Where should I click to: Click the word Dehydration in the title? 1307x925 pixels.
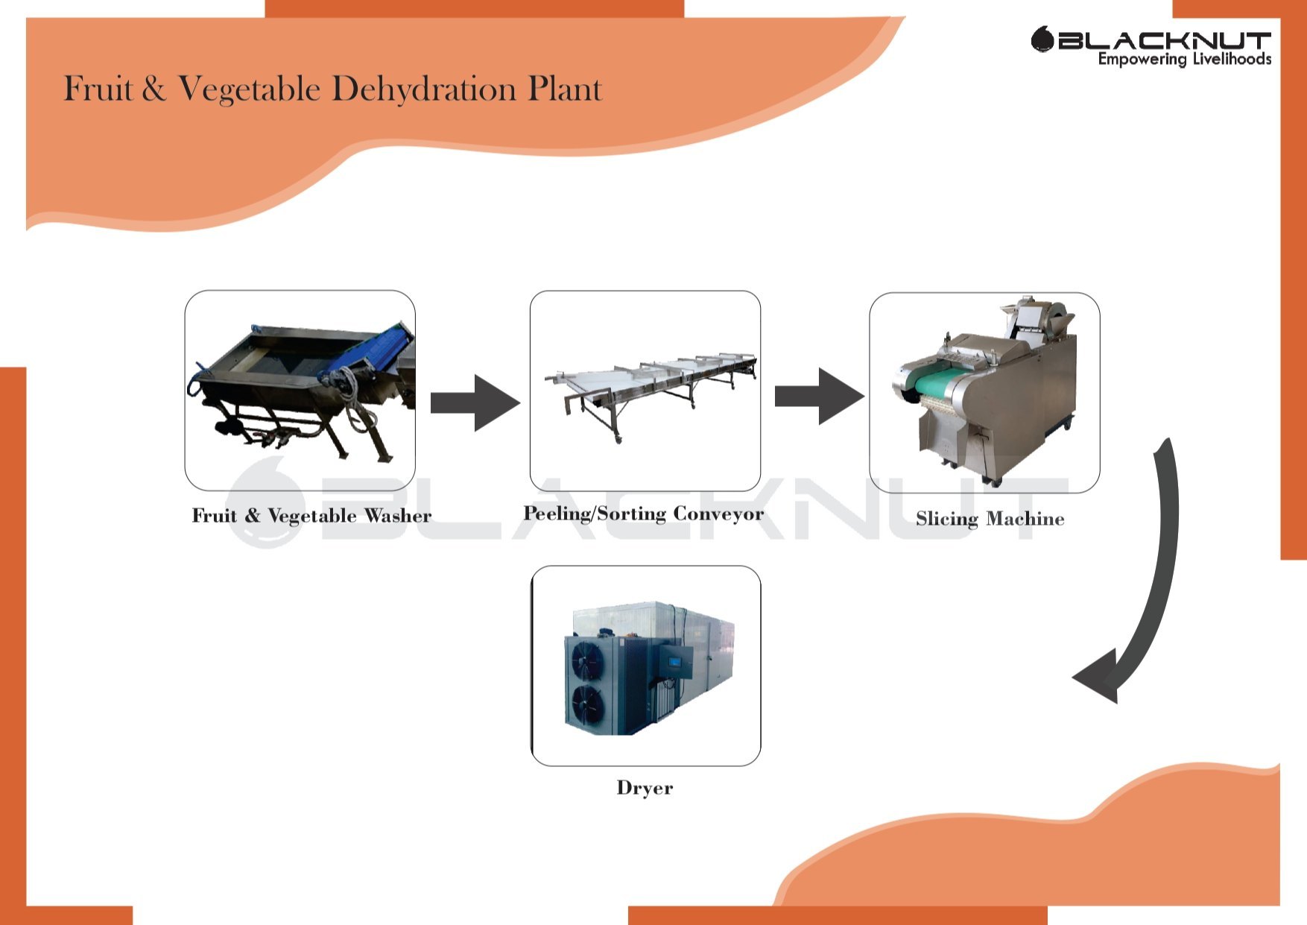(x=423, y=89)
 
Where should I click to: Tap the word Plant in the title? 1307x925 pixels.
(x=564, y=89)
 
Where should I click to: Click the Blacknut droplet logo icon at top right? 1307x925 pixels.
(x=1042, y=40)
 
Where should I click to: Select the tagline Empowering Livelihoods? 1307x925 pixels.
(x=1184, y=60)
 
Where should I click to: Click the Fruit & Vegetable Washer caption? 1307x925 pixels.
(x=311, y=516)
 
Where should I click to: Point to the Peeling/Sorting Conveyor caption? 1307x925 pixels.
(x=643, y=514)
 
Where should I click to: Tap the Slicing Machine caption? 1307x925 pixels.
(x=990, y=519)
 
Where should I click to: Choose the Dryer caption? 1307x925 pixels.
(x=645, y=788)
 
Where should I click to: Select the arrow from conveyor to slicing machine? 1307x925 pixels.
(x=819, y=397)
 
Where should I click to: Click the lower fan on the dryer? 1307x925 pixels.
(x=587, y=703)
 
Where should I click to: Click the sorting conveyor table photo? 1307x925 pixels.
(x=645, y=391)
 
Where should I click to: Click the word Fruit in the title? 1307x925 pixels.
(x=97, y=89)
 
